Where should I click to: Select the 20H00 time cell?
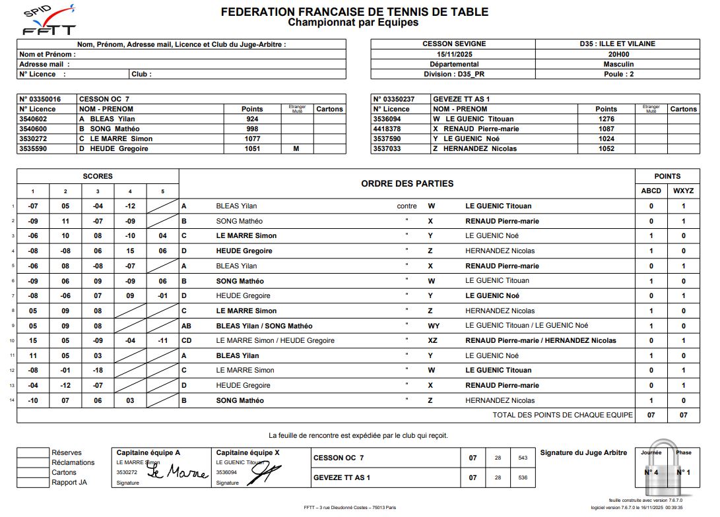[x=618, y=54]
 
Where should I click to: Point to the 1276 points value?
[x=606, y=119]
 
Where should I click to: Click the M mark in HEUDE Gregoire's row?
[x=296, y=149]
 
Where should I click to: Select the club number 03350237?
[x=395, y=99]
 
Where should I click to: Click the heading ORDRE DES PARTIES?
[x=407, y=183]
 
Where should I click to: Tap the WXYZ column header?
[x=683, y=191]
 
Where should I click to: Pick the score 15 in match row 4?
[x=130, y=251]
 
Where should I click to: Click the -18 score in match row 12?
[x=98, y=371]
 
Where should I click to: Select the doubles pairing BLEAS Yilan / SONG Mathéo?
[x=264, y=326]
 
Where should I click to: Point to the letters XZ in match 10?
[x=433, y=341]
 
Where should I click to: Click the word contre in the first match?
[x=407, y=206]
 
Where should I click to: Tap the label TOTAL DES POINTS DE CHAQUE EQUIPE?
[x=562, y=415]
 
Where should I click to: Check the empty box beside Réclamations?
[x=34, y=462]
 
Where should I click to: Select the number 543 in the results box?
[x=523, y=458]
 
